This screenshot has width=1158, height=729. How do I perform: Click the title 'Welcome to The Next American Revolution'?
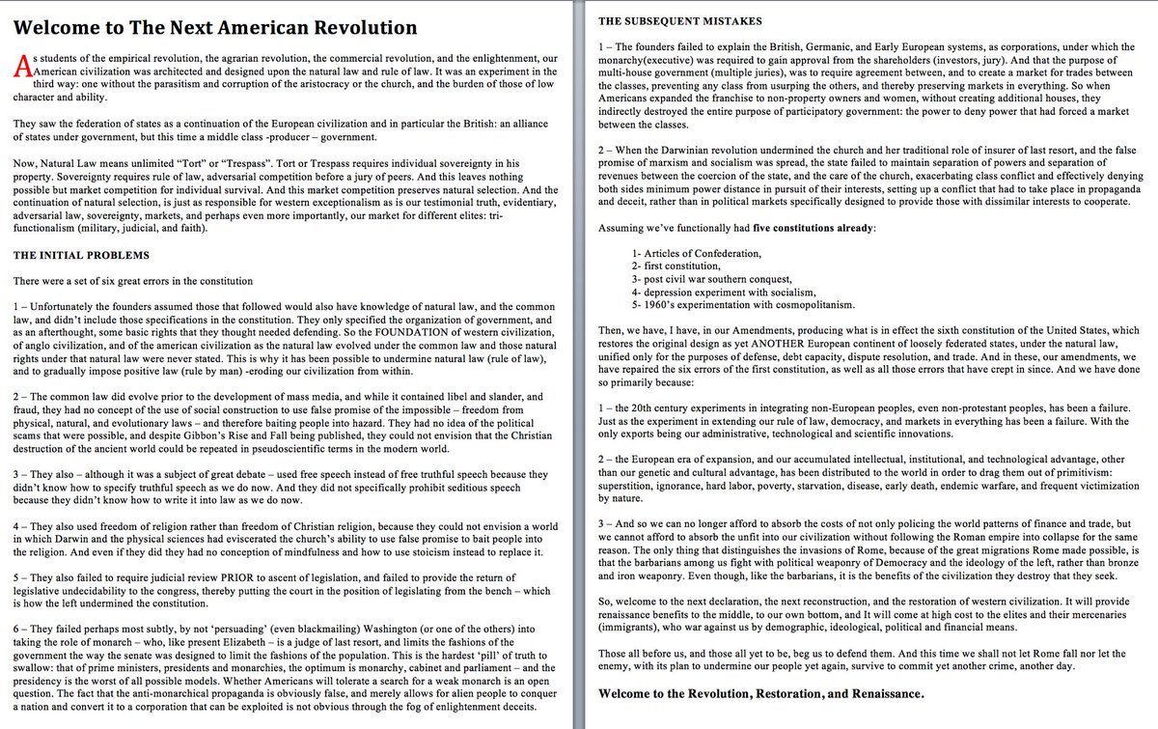pyautogui.click(x=211, y=27)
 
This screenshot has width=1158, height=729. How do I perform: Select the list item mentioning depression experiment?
pyautogui.click(x=725, y=291)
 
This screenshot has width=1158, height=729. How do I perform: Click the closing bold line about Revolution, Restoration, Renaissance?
pyautogui.click(x=761, y=693)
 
